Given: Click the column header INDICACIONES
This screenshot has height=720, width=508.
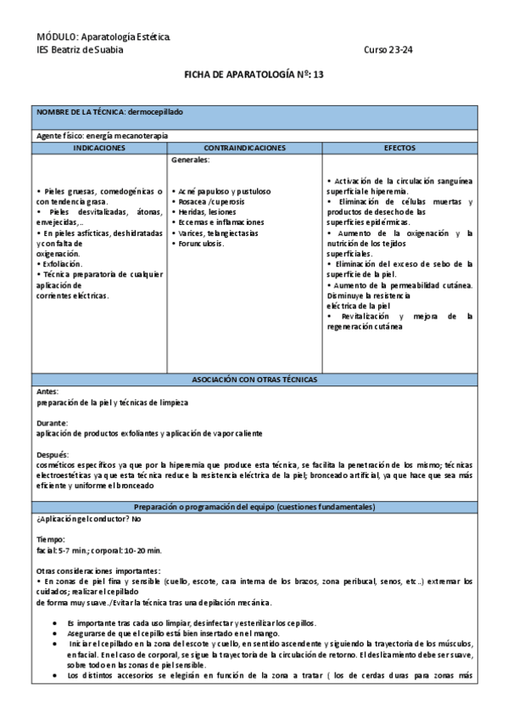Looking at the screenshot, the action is [99, 148].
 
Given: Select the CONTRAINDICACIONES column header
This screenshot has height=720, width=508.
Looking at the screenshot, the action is [245, 148].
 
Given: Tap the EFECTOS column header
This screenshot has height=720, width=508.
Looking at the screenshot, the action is [399, 148].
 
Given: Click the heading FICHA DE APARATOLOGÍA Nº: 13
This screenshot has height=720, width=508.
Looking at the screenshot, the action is [254, 75].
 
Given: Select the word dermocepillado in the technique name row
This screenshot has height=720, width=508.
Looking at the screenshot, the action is [155, 112].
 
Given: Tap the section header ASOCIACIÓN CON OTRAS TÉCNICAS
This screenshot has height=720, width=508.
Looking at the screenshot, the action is [254, 379].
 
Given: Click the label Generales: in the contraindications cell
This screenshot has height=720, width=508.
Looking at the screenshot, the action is [191, 159].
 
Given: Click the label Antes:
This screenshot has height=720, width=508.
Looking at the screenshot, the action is [47, 391].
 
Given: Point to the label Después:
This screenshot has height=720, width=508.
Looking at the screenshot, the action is [53, 454].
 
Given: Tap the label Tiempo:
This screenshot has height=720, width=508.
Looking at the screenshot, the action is [50, 539].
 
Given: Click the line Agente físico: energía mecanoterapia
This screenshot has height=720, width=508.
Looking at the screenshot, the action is [103, 136].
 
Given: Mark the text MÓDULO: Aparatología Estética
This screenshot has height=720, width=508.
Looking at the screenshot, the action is [103, 38].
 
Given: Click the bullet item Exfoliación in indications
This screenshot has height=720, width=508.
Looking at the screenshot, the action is [64, 264].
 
